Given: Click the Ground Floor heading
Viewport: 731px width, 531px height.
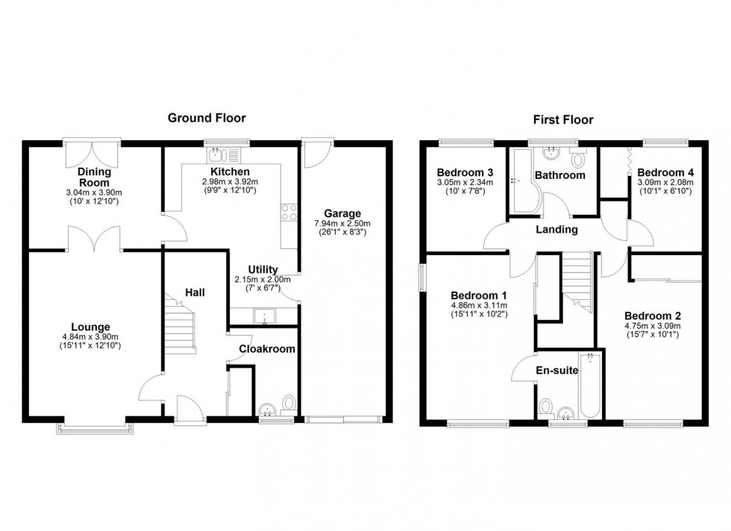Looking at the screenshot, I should [207, 118].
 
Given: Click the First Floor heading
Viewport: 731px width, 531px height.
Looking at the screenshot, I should [562, 119].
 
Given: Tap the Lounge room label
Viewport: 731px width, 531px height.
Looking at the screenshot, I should [90, 327].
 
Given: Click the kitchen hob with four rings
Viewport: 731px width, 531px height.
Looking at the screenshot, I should [287, 212].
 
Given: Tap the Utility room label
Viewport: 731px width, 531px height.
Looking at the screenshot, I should [263, 269].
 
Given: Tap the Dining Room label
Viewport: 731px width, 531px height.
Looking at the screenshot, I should [94, 177].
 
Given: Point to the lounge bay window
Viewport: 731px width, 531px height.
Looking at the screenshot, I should [95, 427].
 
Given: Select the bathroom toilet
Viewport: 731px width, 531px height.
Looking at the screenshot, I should [578, 160].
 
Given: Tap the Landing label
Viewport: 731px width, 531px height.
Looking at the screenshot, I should [558, 230].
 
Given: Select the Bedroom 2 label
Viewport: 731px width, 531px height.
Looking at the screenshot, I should [652, 314].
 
